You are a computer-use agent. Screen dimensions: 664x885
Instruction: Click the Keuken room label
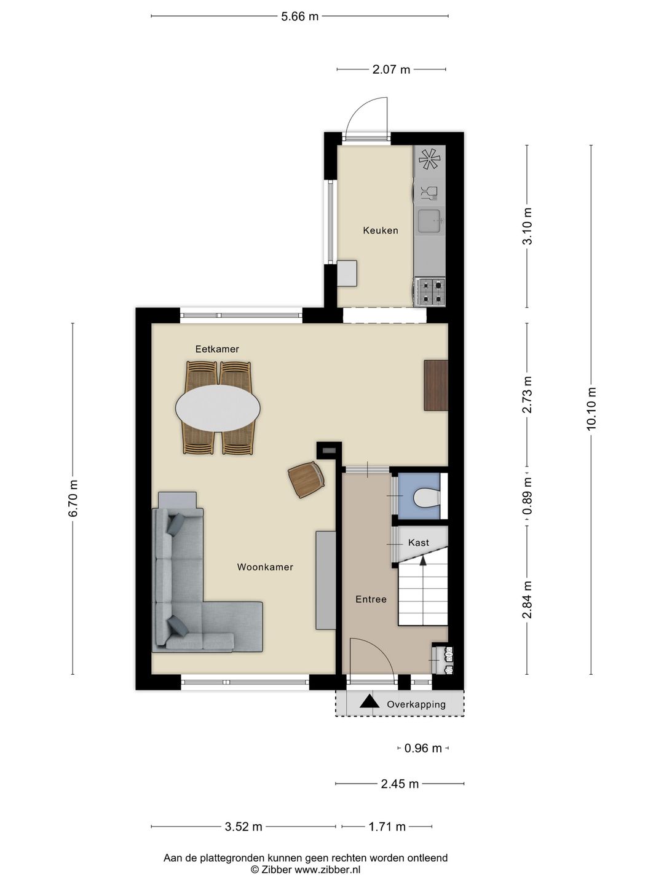click(x=380, y=230)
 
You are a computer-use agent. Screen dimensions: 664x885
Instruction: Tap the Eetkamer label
click(x=217, y=348)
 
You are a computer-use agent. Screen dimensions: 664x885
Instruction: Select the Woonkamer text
click(x=265, y=567)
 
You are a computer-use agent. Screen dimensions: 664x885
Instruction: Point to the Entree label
click(x=371, y=599)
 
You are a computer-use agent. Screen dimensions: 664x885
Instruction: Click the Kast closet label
click(x=419, y=543)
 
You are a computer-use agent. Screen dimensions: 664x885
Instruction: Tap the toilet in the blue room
click(x=427, y=498)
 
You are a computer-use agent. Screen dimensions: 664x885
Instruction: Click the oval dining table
click(x=218, y=408)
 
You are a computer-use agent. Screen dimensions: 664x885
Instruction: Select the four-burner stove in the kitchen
click(x=430, y=291)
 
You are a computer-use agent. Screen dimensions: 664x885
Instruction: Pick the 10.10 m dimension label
click(x=591, y=409)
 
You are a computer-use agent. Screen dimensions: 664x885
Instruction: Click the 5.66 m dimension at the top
click(x=299, y=17)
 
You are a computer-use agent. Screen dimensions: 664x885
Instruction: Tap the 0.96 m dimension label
click(x=423, y=748)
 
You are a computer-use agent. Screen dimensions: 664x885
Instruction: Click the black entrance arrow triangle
click(x=370, y=702)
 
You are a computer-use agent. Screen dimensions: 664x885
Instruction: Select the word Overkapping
click(x=416, y=704)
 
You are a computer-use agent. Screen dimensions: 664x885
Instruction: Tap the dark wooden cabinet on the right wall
click(x=436, y=385)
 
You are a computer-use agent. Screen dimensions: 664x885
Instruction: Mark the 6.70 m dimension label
click(x=73, y=498)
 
